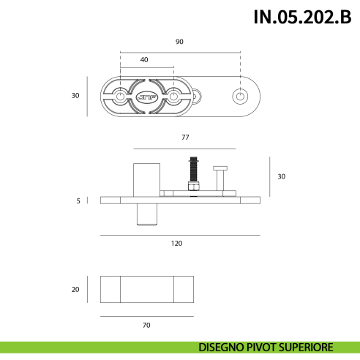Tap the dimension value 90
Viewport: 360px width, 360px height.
pyautogui.click(x=179, y=42)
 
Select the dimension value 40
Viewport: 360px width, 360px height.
pyautogui.click(x=144, y=59)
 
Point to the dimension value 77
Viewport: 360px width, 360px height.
pyautogui.click(x=185, y=138)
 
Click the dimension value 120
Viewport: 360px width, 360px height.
pyautogui.click(x=176, y=243)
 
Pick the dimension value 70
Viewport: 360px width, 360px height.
pyautogui.click(x=146, y=324)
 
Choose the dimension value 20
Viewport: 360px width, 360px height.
pyautogui.click(x=75, y=289)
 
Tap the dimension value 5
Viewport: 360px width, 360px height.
pyautogui.click(x=78, y=200)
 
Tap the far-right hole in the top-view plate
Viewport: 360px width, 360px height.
pyautogui.click(x=239, y=96)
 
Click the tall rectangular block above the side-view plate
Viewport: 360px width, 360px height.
pyautogui.click(x=145, y=179)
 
